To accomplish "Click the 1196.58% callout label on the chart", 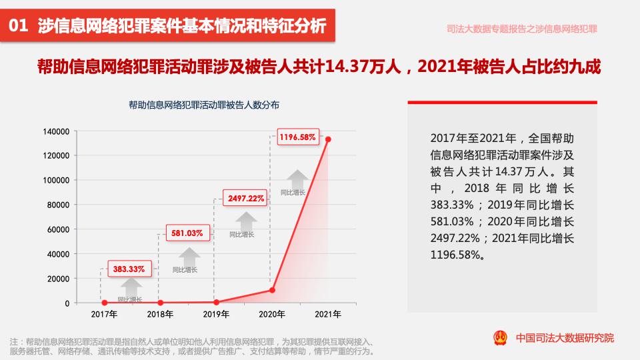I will [297, 137].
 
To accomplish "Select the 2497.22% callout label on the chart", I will [247, 198].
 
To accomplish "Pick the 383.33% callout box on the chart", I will [129, 269].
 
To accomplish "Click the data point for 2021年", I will [328, 139].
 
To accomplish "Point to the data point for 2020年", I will [272, 290].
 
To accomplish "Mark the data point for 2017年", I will [104, 303].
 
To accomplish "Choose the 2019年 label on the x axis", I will [216, 314].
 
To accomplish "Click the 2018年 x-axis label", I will [160, 314].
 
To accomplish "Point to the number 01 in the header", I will [18, 27].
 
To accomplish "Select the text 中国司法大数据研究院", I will [565, 338].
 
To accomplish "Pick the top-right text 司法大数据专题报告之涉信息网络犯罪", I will [521, 29].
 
